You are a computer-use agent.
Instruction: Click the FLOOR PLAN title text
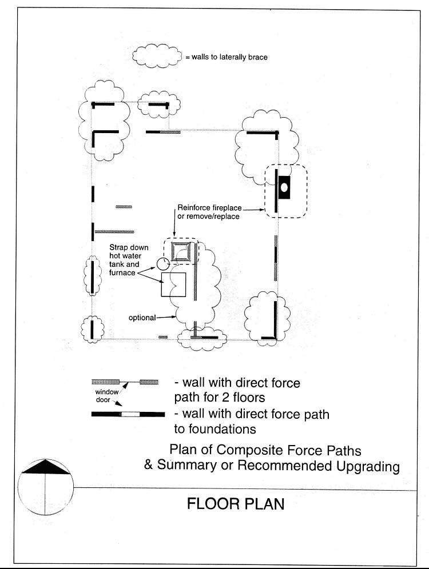(236, 504)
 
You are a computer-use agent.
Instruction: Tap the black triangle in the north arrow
(45, 467)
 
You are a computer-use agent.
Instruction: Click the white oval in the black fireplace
(284, 187)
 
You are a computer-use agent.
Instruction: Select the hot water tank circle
(163, 263)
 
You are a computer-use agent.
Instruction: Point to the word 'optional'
(142, 318)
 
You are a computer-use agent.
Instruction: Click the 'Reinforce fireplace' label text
(209, 207)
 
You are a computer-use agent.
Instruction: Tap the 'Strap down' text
(129, 247)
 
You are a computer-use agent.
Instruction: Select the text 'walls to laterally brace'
(229, 57)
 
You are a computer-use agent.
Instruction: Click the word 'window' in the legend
(107, 392)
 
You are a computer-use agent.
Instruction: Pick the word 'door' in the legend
(103, 400)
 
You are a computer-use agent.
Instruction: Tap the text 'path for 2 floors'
(220, 398)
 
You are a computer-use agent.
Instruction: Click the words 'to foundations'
(215, 429)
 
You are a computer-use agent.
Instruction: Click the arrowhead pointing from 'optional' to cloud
(173, 317)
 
